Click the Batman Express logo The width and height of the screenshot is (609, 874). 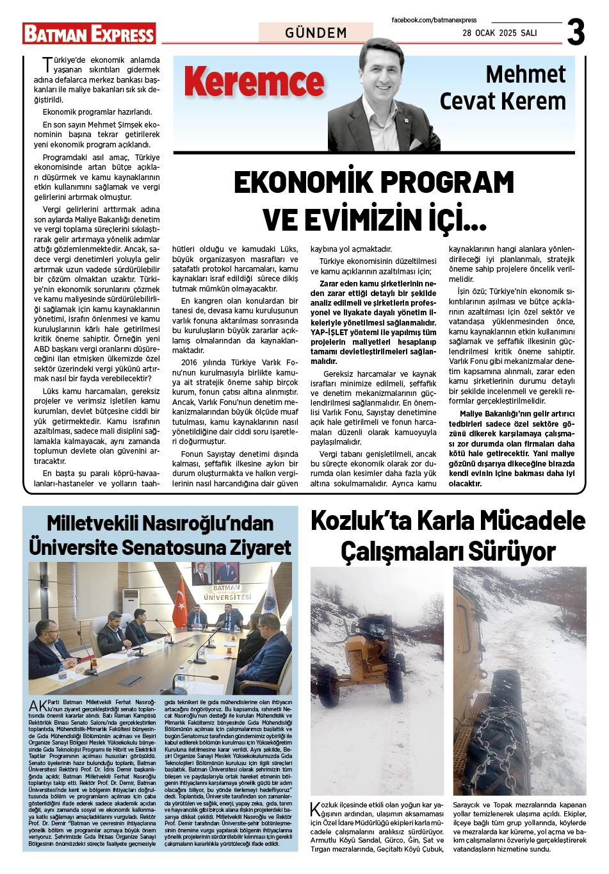(x=89, y=33)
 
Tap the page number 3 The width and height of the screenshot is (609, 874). (x=576, y=32)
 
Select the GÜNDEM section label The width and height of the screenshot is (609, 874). (x=316, y=33)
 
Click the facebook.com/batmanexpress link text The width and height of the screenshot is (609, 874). (x=434, y=21)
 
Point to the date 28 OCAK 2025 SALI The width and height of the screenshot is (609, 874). (x=499, y=33)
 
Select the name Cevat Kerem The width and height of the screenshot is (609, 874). (x=503, y=101)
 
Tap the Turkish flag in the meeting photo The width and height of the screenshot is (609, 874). (x=179, y=602)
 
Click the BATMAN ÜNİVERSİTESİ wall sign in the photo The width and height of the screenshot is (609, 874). (x=227, y=592)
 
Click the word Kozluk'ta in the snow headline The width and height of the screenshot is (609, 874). (x=361, y=522)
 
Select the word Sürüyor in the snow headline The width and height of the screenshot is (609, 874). (x=510, y=552)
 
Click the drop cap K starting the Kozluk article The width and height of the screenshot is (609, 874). (x=315, y=809)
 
